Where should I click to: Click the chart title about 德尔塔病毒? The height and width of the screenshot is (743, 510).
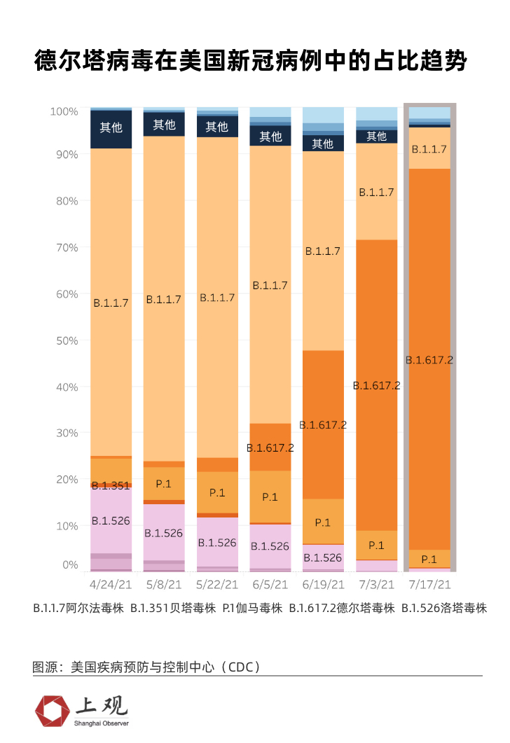click(250, 62)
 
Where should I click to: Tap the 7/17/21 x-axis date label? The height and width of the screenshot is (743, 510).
click(429, 583)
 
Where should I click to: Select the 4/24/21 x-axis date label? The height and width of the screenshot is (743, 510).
click(111, 583)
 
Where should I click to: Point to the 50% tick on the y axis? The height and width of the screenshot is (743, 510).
click(64, 340)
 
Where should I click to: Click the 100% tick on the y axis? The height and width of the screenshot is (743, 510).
click(64, 111)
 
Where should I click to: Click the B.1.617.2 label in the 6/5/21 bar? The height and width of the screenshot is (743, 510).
click(270, 448)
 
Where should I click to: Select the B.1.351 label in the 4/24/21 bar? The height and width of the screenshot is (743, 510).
click(111, 485)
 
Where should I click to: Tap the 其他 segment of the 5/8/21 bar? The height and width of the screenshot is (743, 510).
click(164, 125)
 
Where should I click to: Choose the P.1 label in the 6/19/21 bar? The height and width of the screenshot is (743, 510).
click(322, 522)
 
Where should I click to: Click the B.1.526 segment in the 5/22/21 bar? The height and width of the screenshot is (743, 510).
click(217, 542)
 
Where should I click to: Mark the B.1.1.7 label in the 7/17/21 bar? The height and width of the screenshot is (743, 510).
click(429, 149)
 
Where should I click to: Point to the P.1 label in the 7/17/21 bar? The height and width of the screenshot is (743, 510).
click(429, 559)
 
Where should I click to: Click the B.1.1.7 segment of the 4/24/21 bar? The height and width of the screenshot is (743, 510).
click(111, 303)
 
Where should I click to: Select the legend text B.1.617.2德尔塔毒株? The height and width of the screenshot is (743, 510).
click(342, 609)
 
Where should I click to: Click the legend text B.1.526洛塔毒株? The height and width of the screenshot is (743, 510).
click(444, 609)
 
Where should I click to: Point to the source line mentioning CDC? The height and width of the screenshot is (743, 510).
click(146, 666)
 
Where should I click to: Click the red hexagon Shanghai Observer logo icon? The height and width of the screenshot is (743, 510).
click(52, 711)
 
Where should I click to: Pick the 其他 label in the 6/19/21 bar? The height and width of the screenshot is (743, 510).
click(322, 144)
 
